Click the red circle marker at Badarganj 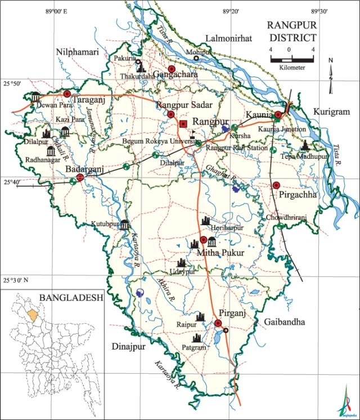(x=80, y=177)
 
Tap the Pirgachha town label (x=298, y=195)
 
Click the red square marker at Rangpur (x=183, y=123)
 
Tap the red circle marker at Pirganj (x=218, y=323)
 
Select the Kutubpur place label (x=105, y=224)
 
